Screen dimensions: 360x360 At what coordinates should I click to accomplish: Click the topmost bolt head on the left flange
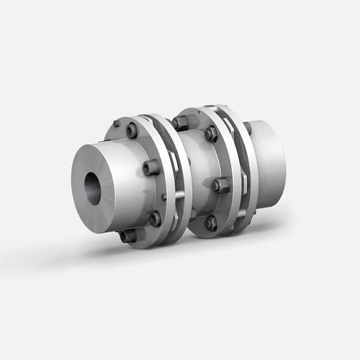click(131, 130)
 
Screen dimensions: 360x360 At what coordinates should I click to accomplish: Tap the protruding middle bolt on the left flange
click(151, 168)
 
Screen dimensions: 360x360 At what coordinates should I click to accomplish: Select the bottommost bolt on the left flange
click(127, 235)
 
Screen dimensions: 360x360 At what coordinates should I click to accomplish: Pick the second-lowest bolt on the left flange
click(155, 217)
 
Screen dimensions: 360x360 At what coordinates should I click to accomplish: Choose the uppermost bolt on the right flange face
click(210, 133)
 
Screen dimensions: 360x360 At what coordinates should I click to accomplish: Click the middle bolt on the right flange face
click(220, 185)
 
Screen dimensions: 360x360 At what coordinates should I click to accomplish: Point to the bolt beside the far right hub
click(247, 128)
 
